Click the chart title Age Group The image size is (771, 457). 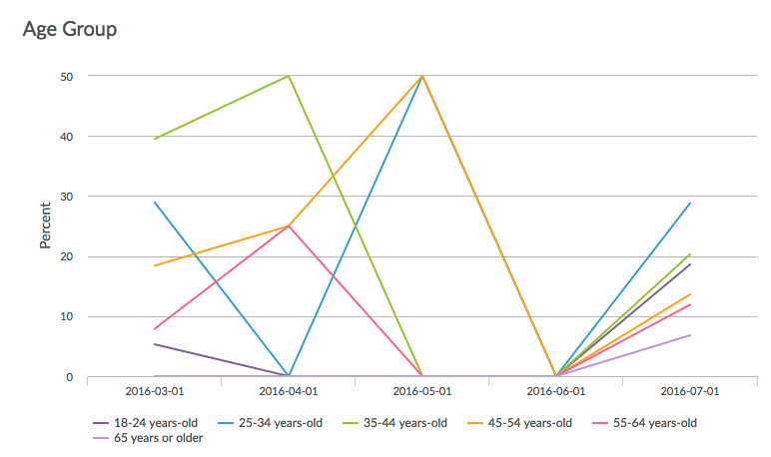pyautogui.click(x=69, y=29)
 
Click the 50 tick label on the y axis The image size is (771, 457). pyautogui.click(x=66, y=76)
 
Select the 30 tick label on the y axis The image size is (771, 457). pyautogui.click(x=66, y=197)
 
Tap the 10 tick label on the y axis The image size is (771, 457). pyautogui.click(x=66, y=317)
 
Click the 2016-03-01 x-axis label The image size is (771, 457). pyautogui.click(x=154, y=392)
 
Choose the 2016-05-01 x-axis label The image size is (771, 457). pyautogui.click(x=421, y=392)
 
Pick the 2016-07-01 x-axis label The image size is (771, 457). pyautogui.click(x=689, y=392)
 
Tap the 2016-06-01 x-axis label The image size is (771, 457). pyautogui.click(x=555, y=392)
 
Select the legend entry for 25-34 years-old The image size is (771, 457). pyautogui.click(x=279, y=422)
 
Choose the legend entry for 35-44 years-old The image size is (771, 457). pyautogui.click(x=403, y=422)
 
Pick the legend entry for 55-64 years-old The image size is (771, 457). pyautogui.click(x=653, y=422)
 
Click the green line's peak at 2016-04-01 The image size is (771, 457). pyautogui.click(x=289, y=76)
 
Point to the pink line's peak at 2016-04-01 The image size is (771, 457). pyautogui.click(x=289, y=227)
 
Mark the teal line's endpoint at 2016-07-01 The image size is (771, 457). pyautogui.click(x=690, y=203)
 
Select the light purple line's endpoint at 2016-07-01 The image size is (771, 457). pyautogui.click(x=690, y=335)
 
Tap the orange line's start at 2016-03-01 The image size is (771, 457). pyautogui.click(x=154, y=265)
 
